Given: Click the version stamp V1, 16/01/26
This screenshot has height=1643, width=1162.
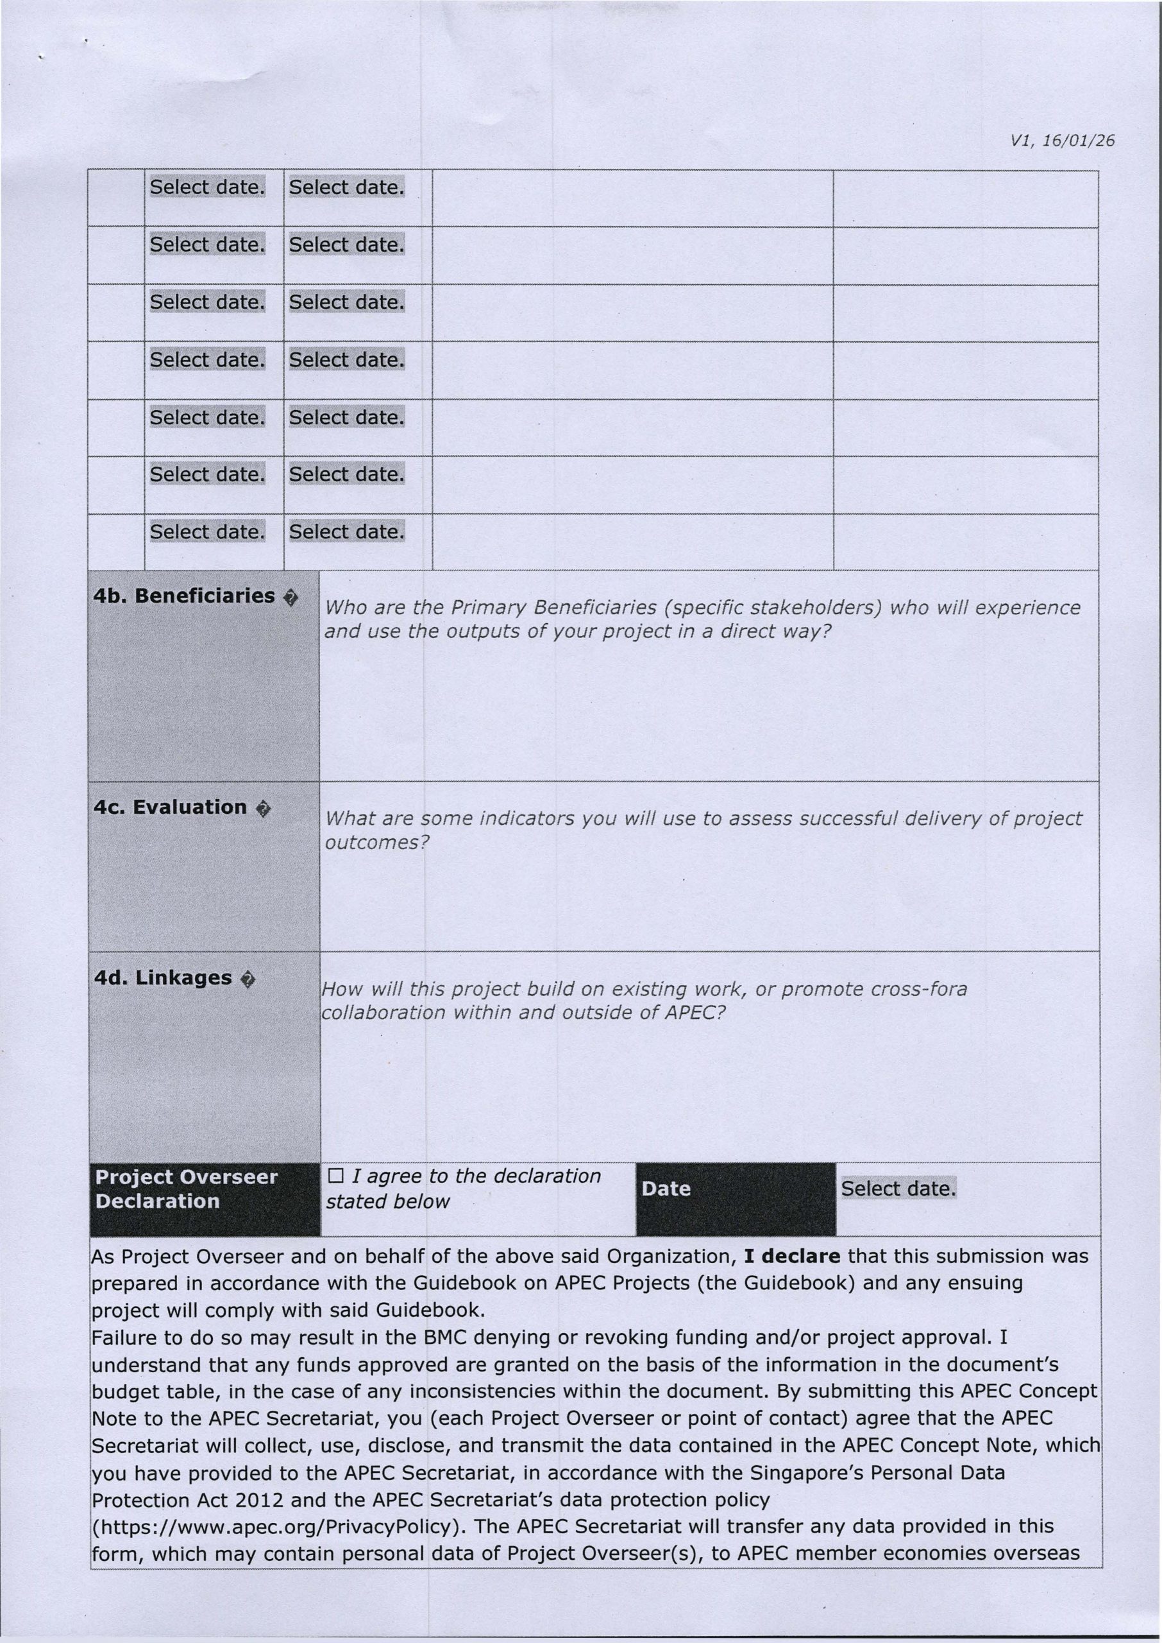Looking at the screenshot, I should coord(1063,141).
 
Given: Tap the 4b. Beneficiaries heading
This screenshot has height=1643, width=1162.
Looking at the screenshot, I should coord(184,596).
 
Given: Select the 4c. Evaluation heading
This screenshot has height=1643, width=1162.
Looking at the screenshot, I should coord(171,807).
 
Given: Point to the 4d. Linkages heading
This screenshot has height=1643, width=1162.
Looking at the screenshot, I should coord(163,978).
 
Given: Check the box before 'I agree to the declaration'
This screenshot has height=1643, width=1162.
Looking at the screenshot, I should coord(335,1176).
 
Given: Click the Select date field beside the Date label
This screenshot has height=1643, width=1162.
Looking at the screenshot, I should coord(898,1189).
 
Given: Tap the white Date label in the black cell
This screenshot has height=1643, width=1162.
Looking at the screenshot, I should coord(666,1189).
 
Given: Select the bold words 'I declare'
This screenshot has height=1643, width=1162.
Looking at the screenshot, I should coord(792,1257).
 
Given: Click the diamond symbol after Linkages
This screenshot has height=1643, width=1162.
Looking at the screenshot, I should coord(247,980).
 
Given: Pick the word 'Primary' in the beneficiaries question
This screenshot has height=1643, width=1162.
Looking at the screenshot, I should coord(488,608).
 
